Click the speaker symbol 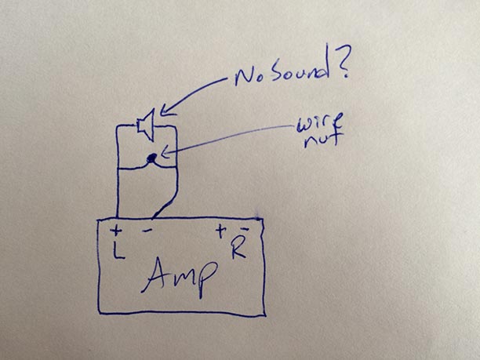(x=146, y=125)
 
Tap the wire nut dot (x=151, y=158)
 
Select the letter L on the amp (x=118, y=250)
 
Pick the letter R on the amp (x=238, y=249)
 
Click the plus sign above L (x=116, y=231)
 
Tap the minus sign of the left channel (x=147, y=231)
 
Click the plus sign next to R (x=220, y=231)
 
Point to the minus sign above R (x=244, y=228)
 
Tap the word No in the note (x=249, y=77)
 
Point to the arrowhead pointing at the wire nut (x=165, y=152)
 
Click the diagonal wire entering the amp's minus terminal (x=165, y=207)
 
